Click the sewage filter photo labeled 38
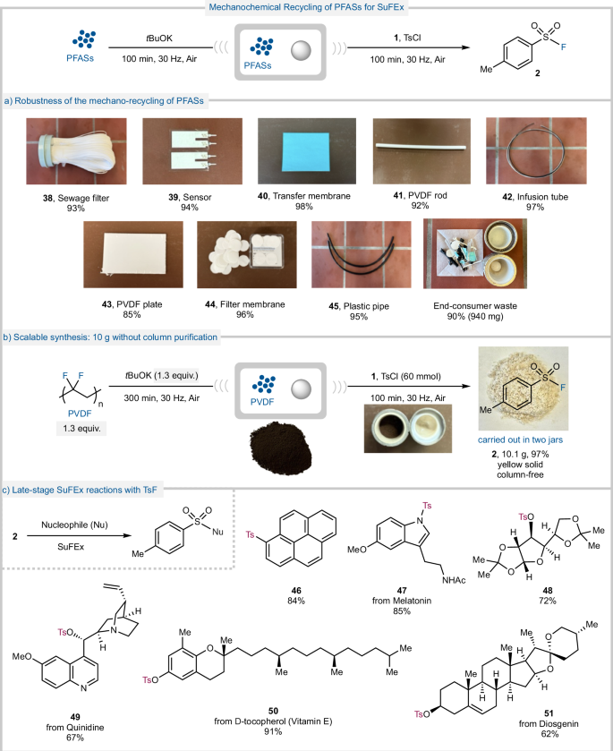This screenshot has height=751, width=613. pyautogui.click(x=77, y=151)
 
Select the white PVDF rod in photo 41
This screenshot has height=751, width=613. pyautogui.click(x=421, y=147)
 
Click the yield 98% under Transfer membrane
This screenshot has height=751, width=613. pyautogui.click(x=304, y=207)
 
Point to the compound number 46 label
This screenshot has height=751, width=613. pyautogui.click(x=296, y=591)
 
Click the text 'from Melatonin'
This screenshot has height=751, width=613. pyautogui.click(x=402, y=601)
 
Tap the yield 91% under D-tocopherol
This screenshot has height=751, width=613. pyautogui.click(x=273, y=731)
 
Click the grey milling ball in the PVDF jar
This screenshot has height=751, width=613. pyautogui.click(x=302, y=388)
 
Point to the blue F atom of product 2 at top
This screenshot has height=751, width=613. pyautogui.click(x=564, y=47)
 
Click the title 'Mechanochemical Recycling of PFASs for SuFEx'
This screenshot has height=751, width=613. pyautogui.click(x=306, y=7)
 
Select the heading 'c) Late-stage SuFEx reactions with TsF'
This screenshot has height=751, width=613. pyautogui.click(x=80, y=490)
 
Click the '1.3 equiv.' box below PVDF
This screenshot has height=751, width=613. pyautogui.click(x=81, y=428)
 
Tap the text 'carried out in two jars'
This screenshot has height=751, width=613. pyautogui.click(x=520, y=440)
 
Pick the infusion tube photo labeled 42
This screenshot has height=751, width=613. pyautogui.click(x=536, y=151)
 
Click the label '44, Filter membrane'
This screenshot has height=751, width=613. pyautogui.click(x=244, y=304)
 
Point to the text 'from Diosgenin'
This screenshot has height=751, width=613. pyautogui.click(x=549, y=724)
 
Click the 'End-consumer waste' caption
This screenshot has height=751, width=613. pyautogui.click(x=475, y=305)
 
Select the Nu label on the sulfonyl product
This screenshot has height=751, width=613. pyautogui.click(x=217, y=532)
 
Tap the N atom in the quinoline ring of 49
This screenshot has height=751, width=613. pyautogui.click(x=84, y=688)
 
